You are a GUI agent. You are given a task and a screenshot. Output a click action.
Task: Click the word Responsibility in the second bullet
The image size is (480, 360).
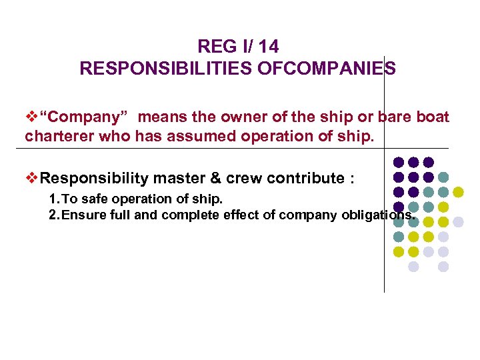(95, 179)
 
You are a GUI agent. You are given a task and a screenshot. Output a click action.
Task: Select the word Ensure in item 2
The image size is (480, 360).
(83, 215)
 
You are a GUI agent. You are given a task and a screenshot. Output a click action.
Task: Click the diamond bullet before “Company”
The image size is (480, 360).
(31, 118)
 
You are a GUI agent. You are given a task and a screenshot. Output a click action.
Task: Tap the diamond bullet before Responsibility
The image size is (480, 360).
(31, 179)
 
